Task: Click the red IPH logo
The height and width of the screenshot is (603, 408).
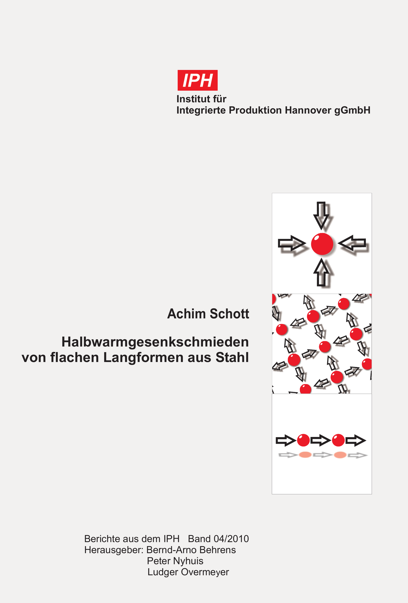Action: (x=197, y=80)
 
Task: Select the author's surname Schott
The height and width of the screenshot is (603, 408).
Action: (x=230, y=314)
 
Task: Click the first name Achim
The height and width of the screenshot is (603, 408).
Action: (x=187, y=314)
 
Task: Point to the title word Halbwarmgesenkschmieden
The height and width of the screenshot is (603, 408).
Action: (x=155, y=342)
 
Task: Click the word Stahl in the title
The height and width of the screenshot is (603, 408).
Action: (x=232, y=357)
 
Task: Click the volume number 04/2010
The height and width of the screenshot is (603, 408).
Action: (x=231, y=539)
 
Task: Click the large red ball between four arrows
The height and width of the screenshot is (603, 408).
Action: (x=322, y=244)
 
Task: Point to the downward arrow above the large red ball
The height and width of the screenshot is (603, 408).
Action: (x=321, y=215)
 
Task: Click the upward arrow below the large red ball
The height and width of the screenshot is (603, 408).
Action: (x=321, y=272)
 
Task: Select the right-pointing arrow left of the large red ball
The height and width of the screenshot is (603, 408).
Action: (x=292, y=243)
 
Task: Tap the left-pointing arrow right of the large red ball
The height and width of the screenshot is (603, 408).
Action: (x=352, y=243)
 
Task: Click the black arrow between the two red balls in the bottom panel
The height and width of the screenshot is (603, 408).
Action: (x=321, y=440)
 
